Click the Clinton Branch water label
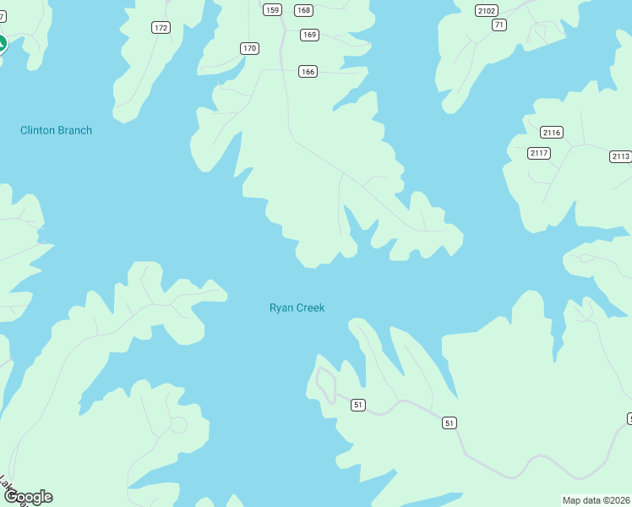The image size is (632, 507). (x=56, y=130)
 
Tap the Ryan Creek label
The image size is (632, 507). (x=297, y=308)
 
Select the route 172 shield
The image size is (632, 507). (x=161, y=28)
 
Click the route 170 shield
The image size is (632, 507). (x=248, y=48)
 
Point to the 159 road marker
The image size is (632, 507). (x=272, y=10)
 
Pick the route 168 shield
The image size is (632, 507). (x=303, y=10)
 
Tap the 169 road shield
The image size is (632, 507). (x=309, y=35)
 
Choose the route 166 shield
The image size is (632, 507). (x=308, y=72)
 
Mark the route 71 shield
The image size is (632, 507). (x=499, y=25)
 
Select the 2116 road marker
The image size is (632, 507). (x=552, y=133)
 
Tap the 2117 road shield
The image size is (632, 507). (x=538, y=153)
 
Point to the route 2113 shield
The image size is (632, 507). (x=620, y=156)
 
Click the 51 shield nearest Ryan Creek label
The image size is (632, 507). (x=358, y=406)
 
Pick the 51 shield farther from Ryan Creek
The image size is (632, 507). (x=449, y=422)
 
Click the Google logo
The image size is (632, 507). (x=29, y=497)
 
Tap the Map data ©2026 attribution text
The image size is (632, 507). (x=597, y=500)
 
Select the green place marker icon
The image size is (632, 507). (x=2, y=44)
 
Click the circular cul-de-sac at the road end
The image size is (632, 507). (x=178, y=424)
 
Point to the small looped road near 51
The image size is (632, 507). (x=325, y=384)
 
